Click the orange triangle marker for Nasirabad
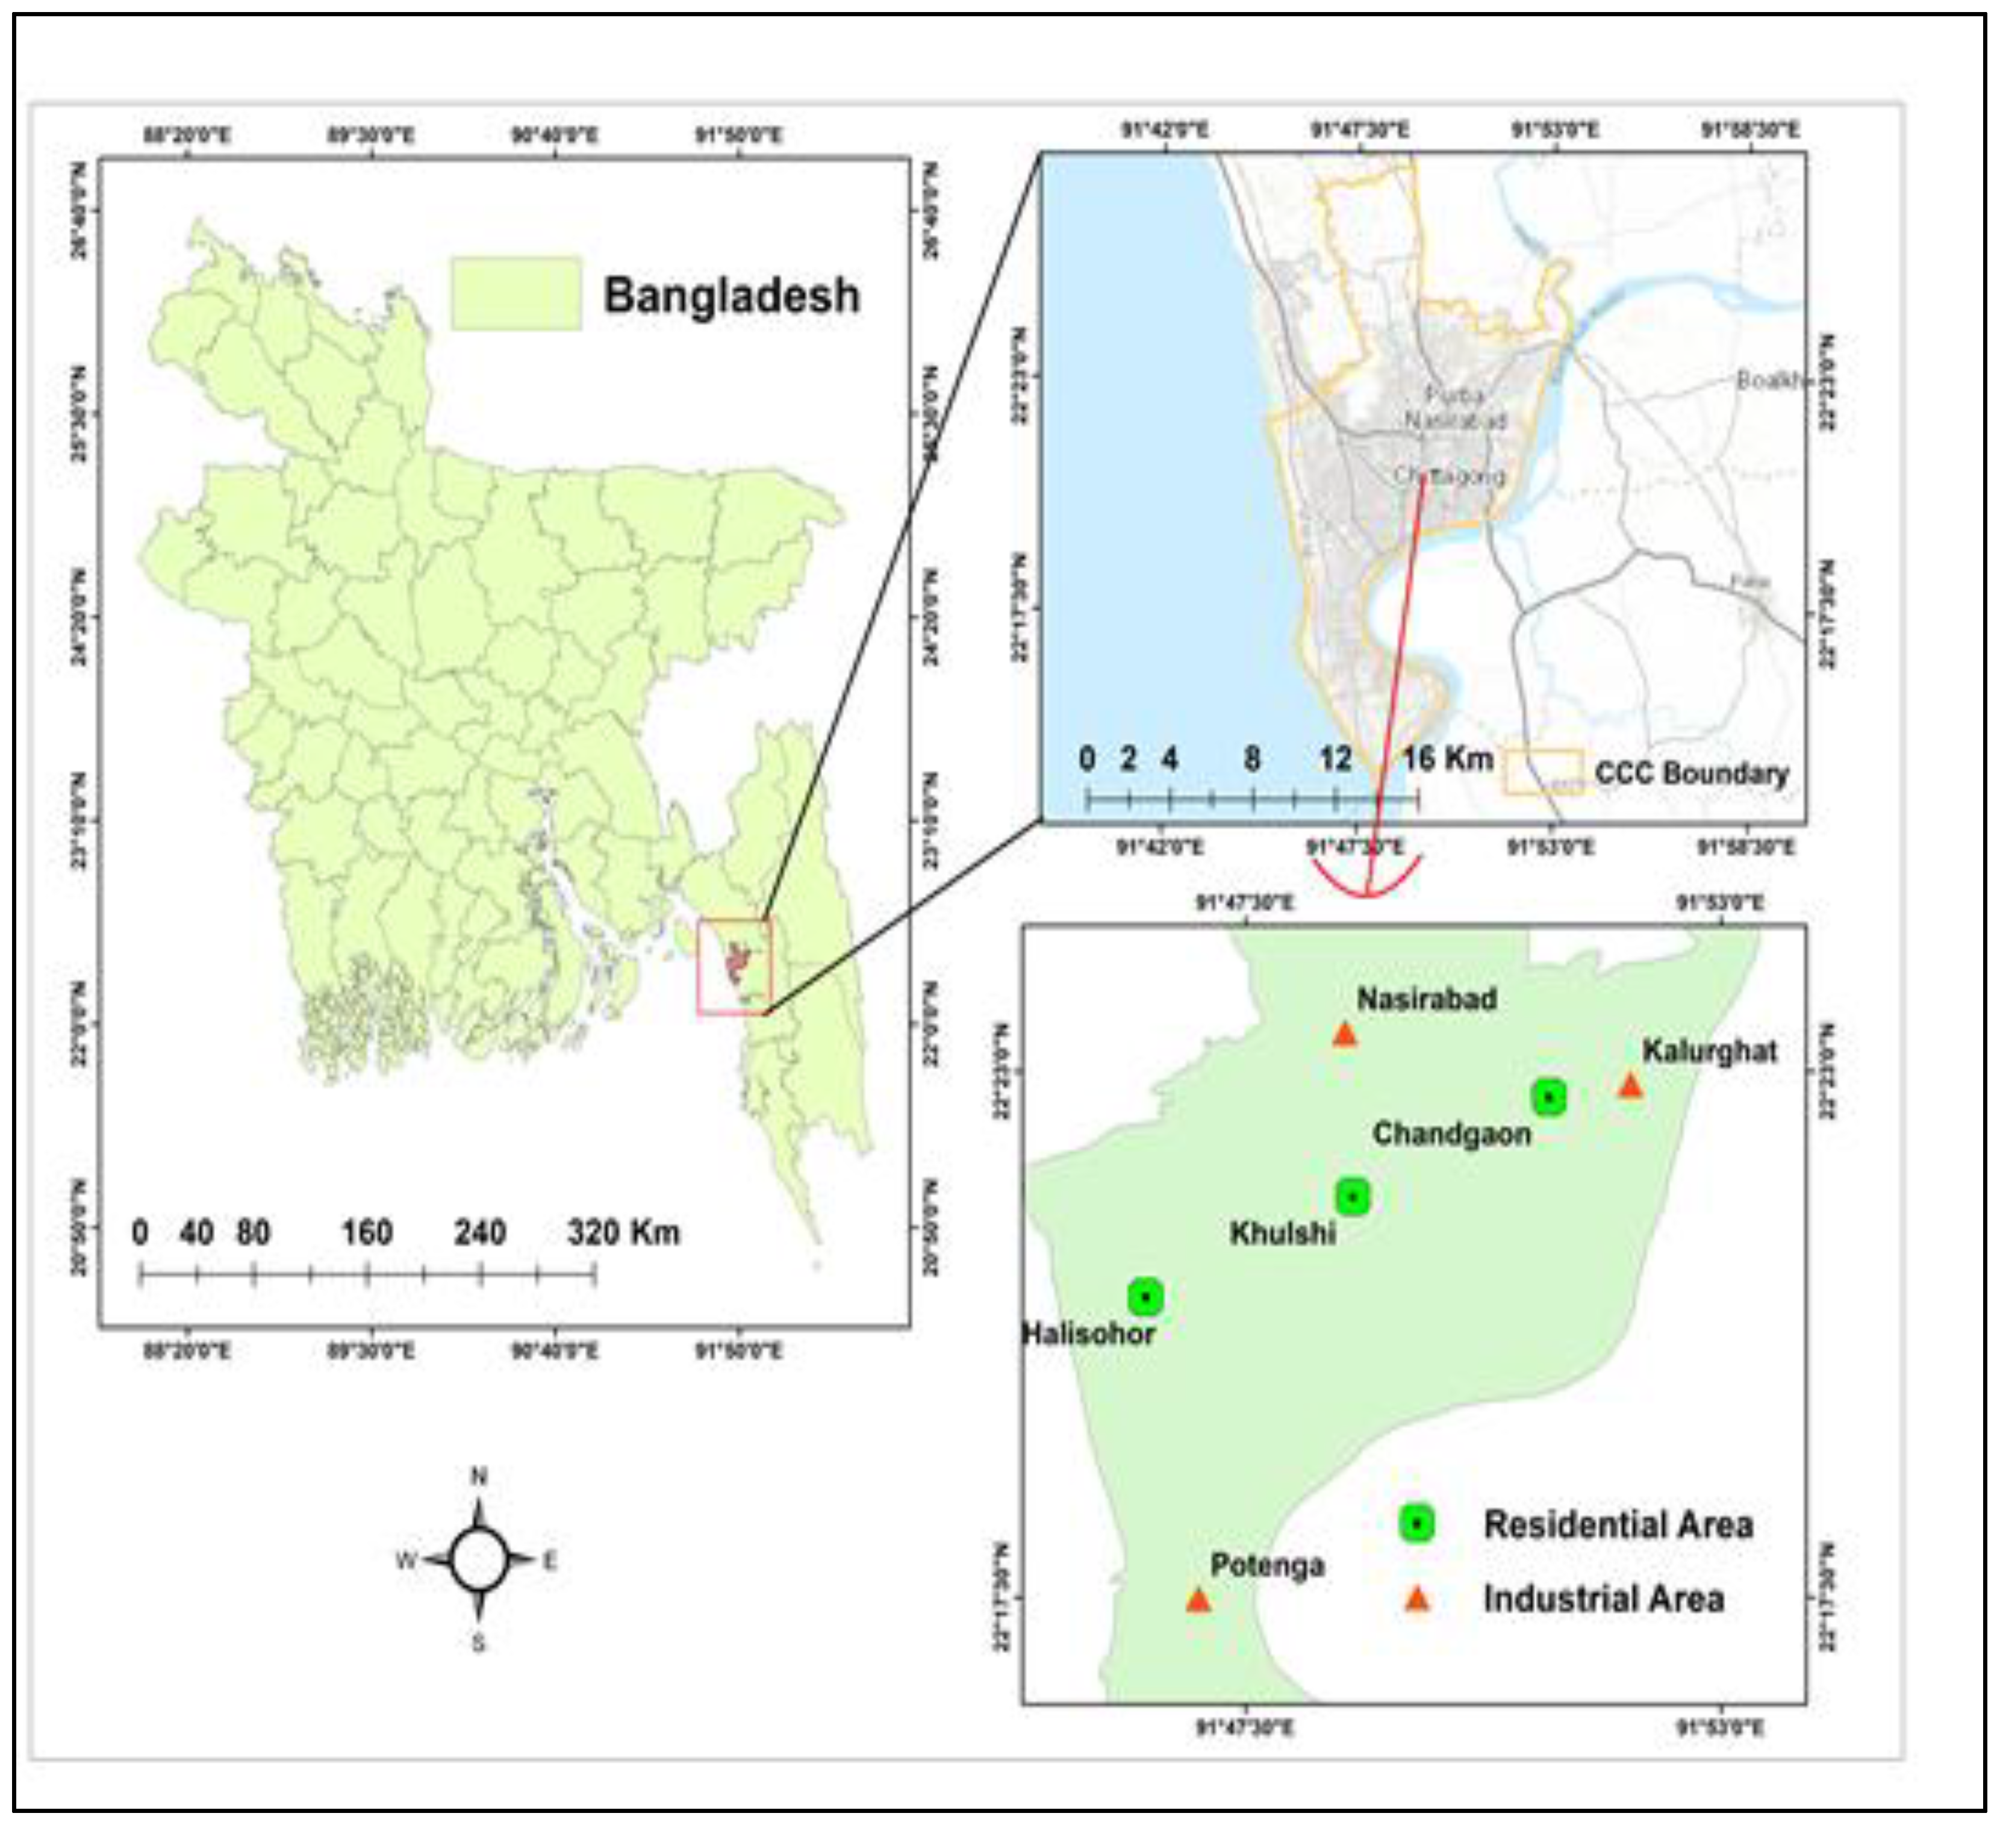(x=1344, y=1035)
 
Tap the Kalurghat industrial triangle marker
(x=1630, y=1087)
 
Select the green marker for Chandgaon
(x=1548, y=1097)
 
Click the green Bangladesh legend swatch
(x=516, y=294)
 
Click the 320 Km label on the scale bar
(x=623, y=1232)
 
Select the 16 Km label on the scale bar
(x=1447, y=759)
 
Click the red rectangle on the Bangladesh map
(x=734, y=967)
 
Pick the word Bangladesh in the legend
(x=731, y=296)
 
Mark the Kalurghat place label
(x=1709, y=1052)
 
